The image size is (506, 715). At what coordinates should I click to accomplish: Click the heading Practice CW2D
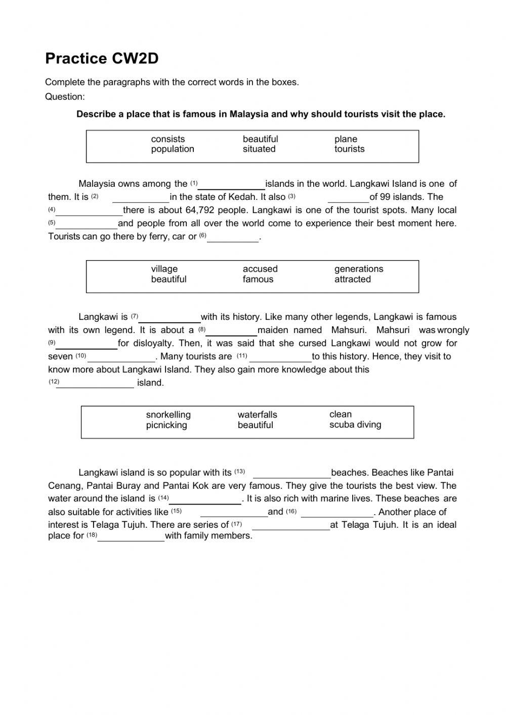point(102,59)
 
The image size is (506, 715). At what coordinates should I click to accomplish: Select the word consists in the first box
point(168,139)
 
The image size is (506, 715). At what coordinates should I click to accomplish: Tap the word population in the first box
point(173,149)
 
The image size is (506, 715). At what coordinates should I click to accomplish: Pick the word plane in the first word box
point(346,139)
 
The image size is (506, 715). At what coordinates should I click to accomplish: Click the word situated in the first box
point(259,149)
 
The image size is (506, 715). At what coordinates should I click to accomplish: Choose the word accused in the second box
point(260,269)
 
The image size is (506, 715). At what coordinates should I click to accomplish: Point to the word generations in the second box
point(359,269)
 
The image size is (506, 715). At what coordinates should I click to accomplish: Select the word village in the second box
point(164,269)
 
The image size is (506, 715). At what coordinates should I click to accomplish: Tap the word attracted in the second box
point(352,279)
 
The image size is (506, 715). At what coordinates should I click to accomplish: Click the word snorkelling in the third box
point(168,415)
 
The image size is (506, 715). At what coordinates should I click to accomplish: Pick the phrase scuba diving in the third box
point(355,425)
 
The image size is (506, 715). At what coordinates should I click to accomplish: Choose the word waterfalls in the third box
point(258,415)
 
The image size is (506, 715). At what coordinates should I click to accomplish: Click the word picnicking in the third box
point(166,426)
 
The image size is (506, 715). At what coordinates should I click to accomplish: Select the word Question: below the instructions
point(65,97)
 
